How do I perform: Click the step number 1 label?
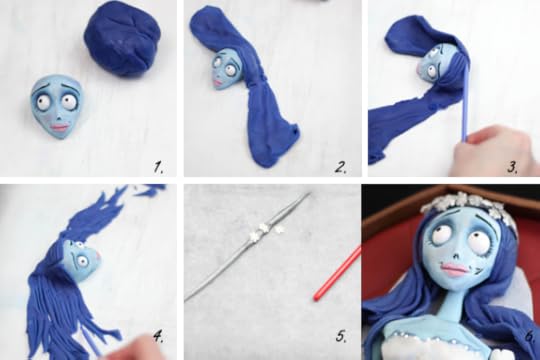pos(158,167)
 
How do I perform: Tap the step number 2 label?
pos(340,167)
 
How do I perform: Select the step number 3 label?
pos(513,167)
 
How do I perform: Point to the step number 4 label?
pos(158,336)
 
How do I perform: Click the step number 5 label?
pos(341,336)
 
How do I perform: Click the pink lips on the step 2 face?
pos(218,83)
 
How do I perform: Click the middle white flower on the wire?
pos(264,228)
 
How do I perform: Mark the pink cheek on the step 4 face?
pos(98,255)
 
